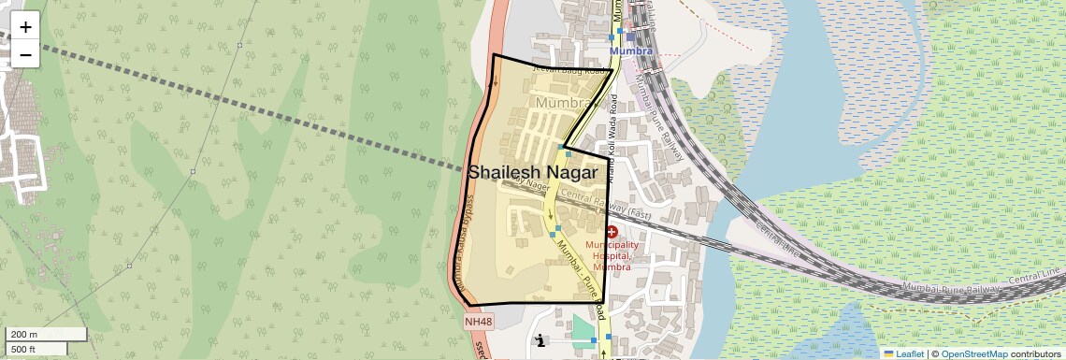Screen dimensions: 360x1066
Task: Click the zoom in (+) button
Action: (x=25, y=27)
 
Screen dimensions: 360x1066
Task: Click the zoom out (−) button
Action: (x=25, y=54)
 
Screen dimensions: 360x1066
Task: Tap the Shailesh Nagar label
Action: (x=532, y=173)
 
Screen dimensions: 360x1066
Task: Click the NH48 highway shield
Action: (x=478, y=322)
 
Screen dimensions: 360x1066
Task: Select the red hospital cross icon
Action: (x=612, y=231)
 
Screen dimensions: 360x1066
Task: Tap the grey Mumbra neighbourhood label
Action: (x=565, y=101)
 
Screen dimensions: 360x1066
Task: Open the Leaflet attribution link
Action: (x=903, y=353)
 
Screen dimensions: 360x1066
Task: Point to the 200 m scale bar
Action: (x=47, y=334)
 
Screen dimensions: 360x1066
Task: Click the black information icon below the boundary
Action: (x=540, y=340)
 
